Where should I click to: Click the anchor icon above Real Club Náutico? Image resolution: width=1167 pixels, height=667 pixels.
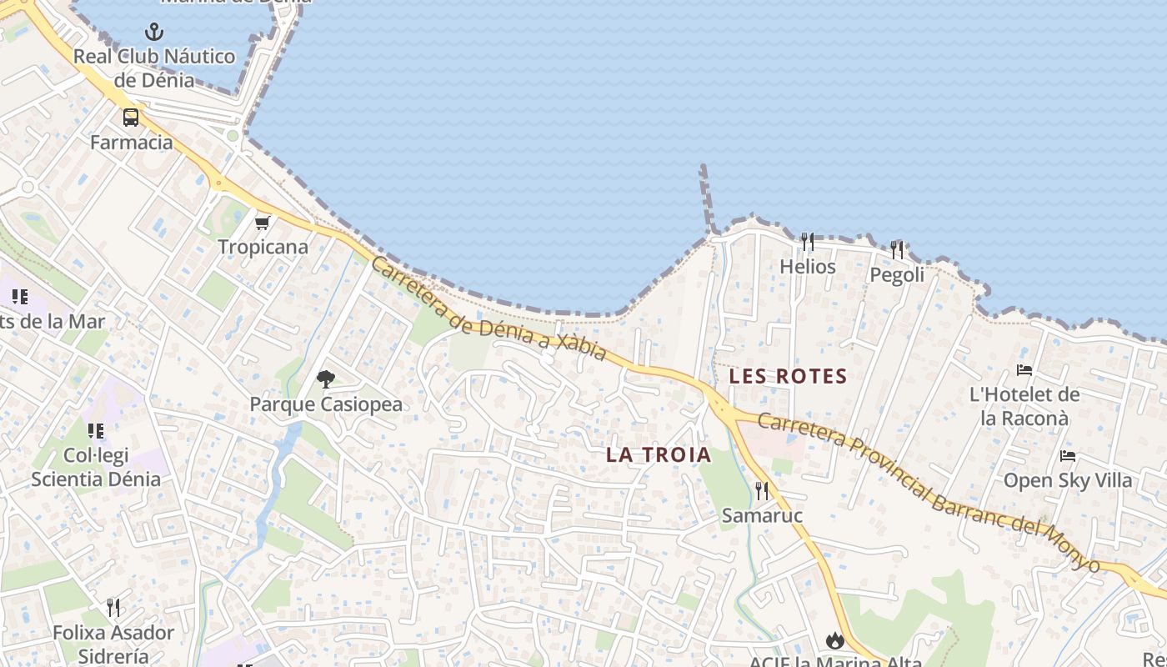pyautogui.click(x=154, y=33)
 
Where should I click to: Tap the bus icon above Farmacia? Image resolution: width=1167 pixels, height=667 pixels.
pyautogui.click(x=131, y=118)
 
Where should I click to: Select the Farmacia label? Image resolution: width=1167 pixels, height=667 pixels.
pyautogui.click(x=132, y=142)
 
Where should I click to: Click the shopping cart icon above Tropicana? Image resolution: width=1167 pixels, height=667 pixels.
pyautogui.click(x=263, y=223)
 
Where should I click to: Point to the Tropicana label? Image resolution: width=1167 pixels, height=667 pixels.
pyautogui.click(x=263, y=247)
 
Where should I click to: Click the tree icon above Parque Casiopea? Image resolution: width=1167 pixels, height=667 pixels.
pyautogui.click(x=326, y=379)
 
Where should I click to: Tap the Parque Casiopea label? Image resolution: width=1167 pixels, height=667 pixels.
pyautogui.click(x=326, y=404)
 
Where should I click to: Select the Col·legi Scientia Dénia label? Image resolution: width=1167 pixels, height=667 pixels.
pyautogui.click(x=96, y=468)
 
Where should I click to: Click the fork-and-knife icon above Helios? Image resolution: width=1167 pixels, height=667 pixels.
pyautogui.click(x=807, y=242)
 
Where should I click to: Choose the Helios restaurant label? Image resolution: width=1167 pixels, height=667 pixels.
pyautogui.click(x=807, y=267)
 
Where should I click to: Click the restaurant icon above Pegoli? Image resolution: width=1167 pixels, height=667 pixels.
pyautogui.click(x=897, y=249)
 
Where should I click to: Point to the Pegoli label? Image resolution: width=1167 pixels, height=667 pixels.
pyautogui.click(x=897, y=274)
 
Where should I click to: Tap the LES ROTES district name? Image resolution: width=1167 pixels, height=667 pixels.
pyautogui.click(x=788, y=376)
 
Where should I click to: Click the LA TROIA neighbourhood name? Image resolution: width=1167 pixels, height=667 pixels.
pyautogui.click(x=659, y=455)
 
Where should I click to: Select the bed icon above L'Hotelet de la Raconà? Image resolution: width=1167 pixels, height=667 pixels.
pyautogui.click(x=1024, y=370)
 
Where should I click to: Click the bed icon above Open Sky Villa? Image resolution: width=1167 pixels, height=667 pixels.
pyautogui.click(x=1068, y=456)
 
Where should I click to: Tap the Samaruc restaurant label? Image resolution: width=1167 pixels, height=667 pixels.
pyautogui.click(x=762, y=515)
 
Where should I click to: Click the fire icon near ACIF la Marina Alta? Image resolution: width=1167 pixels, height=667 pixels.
pyautogui.click(x=835, y=640)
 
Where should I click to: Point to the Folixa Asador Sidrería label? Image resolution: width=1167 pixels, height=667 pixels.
pyautogui.click(x=113, y=644)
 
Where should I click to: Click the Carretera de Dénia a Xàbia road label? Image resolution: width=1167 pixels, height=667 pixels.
pyautogui.click(x=488, y=308)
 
